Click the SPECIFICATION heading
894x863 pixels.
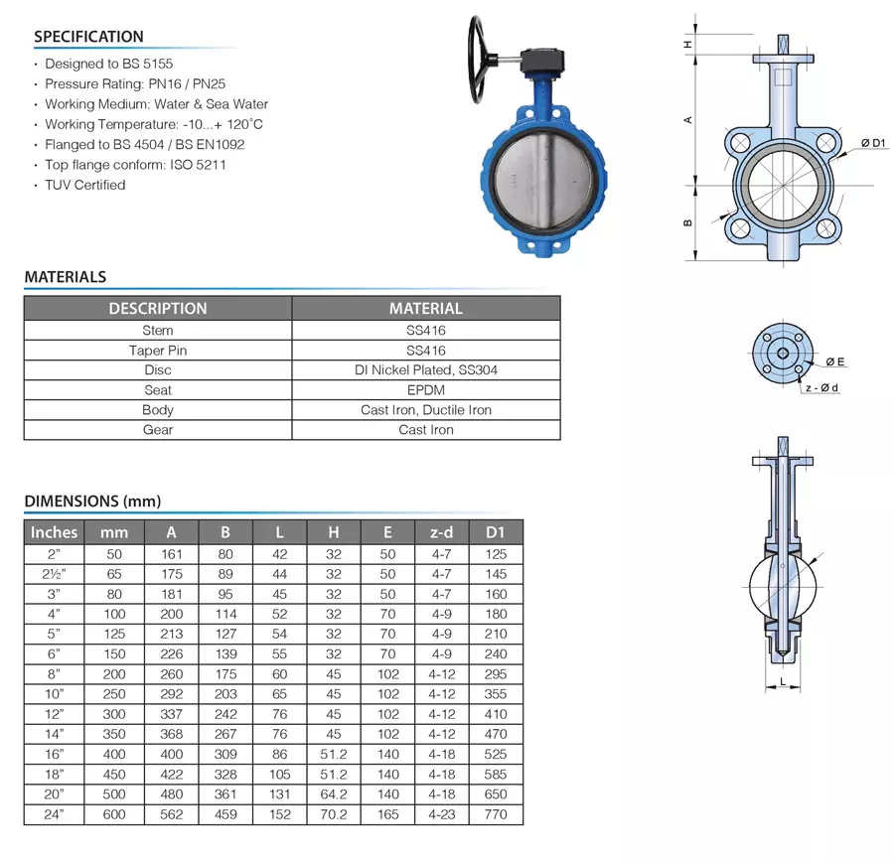pyautogui.click(x=88, y=37)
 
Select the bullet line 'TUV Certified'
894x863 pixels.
pyautogui.click(x=84, y=185)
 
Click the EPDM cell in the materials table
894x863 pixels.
pyautogui.click(x=425, y=390)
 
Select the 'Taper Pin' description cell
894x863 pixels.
pyautogui.click(x=158, y=351)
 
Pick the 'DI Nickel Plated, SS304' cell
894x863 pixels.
pyautogui.click(x=425, y=370)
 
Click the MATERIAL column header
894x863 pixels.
pyautogui.click(x=425, y=309)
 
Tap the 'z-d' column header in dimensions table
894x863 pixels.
pyautogui.click(x=441, y=532)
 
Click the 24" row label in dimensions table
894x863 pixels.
pyautogui.click(x=54, y=814)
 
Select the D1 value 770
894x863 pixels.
pyautogui.click(x=496, y=814)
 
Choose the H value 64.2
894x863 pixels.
pyautogui.click(x=334, y=794)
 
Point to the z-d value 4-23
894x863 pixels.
pyautogui.click(x=441, y=814)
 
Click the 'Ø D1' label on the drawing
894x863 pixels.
pyautogui.click(x=872, y=145)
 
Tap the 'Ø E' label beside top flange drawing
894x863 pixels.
pyautogui.click(x=834, y=360)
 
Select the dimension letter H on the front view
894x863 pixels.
pyautogui.click(x=687, y=45)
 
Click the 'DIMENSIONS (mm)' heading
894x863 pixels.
pyautogui.click(x=92, y=502)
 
